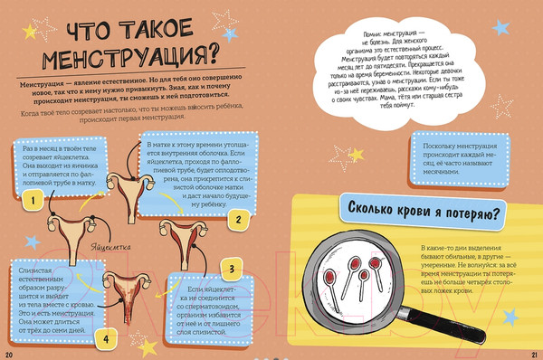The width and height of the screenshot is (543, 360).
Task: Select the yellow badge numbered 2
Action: click(x=238, y=219)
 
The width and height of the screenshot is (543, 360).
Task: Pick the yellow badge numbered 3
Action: click(x=231, y=269)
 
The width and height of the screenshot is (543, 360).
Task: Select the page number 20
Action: click(x=8, y=353)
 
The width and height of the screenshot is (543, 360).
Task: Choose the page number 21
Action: click(x=534, y=353)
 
